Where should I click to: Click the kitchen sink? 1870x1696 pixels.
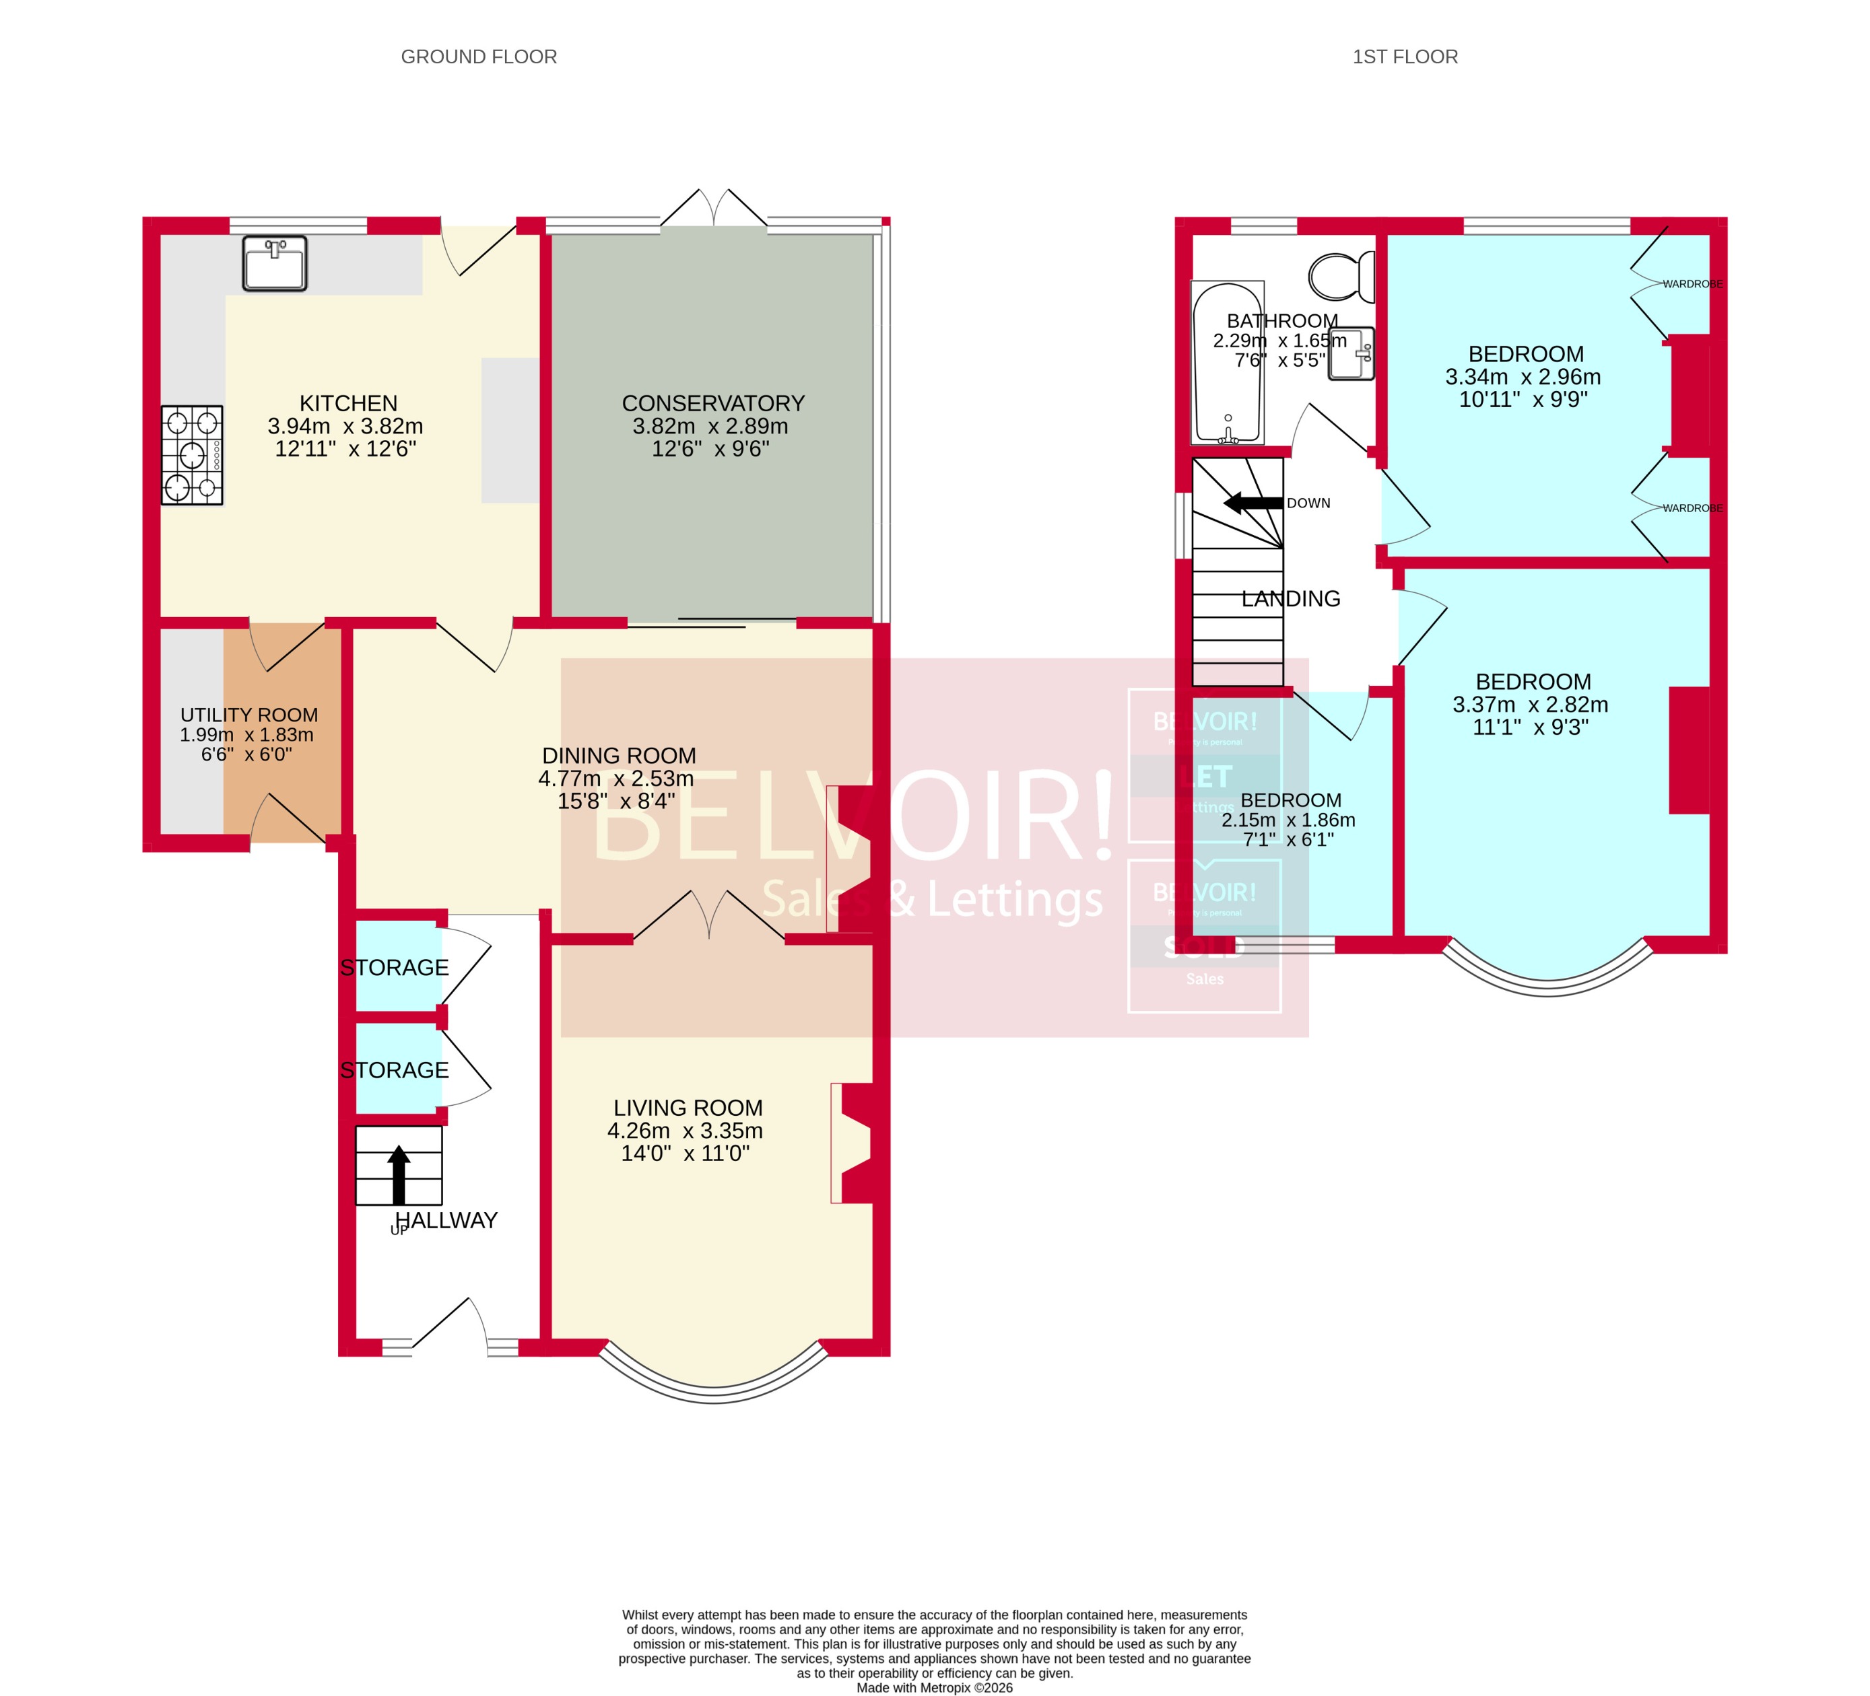pyautogui.click(x=275, y=263)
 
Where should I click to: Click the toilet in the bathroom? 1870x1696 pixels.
pyautogui.click(x=1341, y=277)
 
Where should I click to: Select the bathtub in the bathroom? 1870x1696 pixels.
pyautogui.click(x=1227, y=363)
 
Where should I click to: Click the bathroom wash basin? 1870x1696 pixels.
pyautogui.click(x=1351, y=353)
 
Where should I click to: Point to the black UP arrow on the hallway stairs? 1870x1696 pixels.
pyautogui.click(x=399, y=1173)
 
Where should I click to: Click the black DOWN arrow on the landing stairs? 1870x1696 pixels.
pyautogui.click(x=1253, y=503)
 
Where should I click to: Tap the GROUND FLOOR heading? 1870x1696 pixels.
pyautogui.click(x=479, y=57)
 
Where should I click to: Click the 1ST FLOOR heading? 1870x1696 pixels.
pyautogui.click(x=1405, y=57)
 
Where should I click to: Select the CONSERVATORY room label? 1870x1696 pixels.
pyautogui.click(x=712, y=403)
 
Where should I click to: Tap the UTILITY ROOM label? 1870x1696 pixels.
pyautogui.click(x=248, y=715)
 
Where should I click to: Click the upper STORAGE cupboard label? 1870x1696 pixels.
pyautogui.click(x=394, y=967)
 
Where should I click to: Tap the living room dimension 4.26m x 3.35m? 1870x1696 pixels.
pyautogui.click(x=685, y=1131)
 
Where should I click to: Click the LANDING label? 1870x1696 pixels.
pyautogui.click(x=1290, y=599)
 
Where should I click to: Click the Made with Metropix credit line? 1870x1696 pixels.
pyautogui.click(x=934, y=1688)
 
